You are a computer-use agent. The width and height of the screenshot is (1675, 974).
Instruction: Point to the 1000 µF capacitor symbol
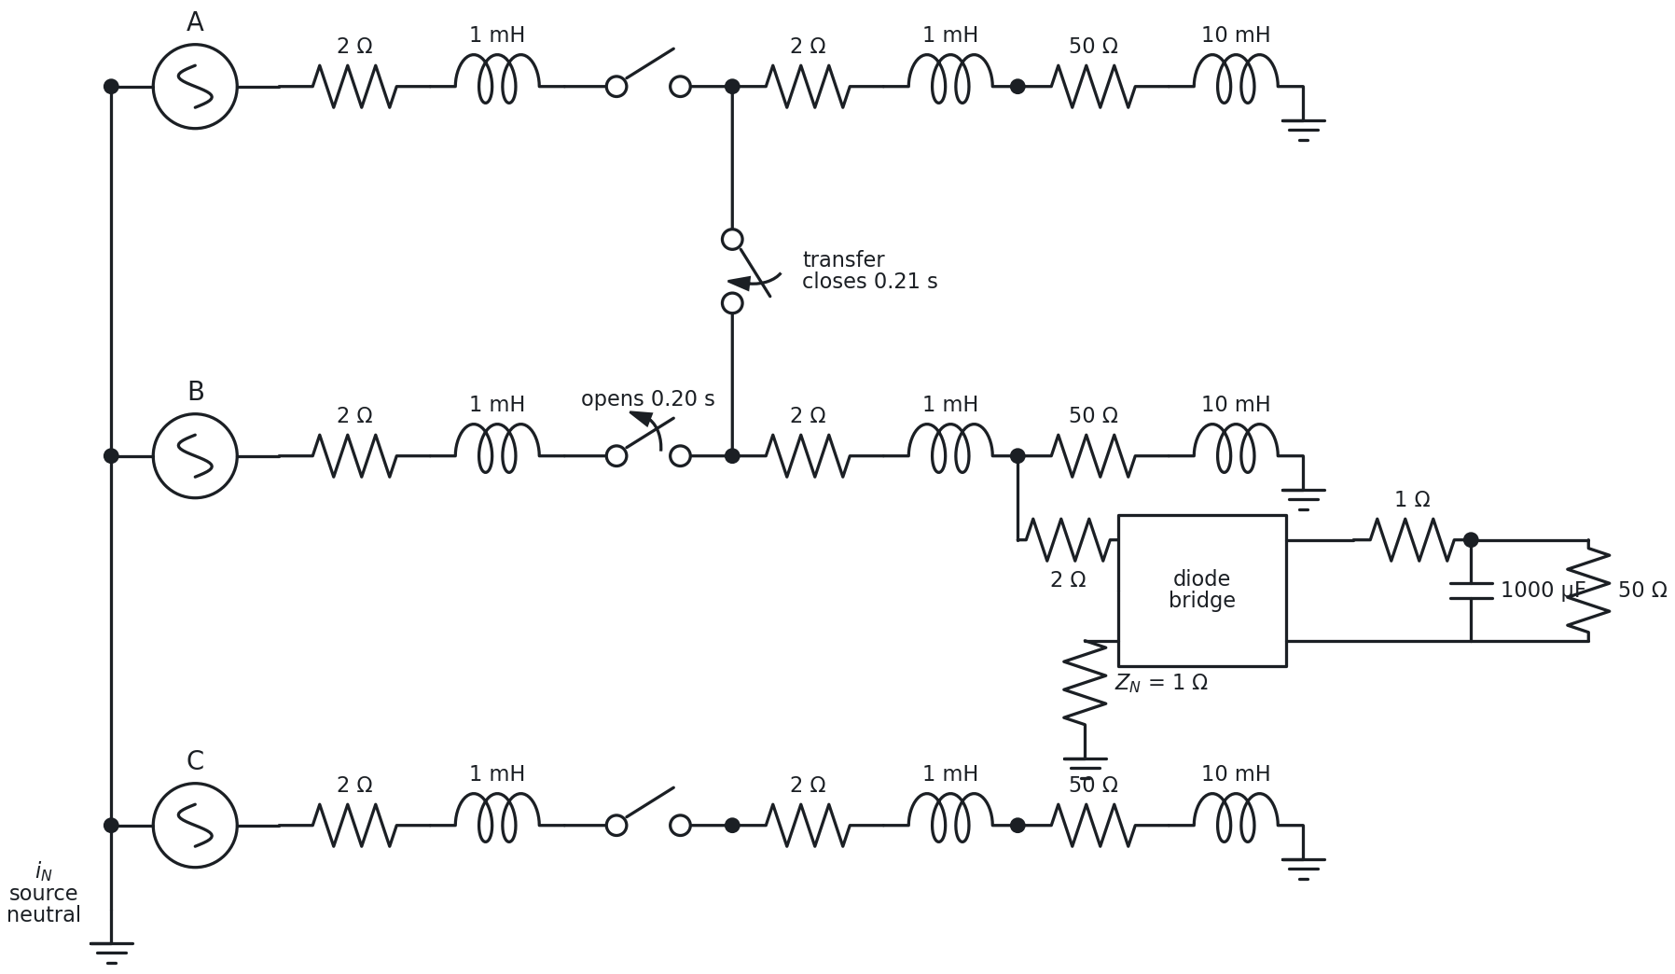click(x=1471, y=591)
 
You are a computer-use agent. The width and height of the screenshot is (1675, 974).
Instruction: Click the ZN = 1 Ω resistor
click(x=1085, y=683)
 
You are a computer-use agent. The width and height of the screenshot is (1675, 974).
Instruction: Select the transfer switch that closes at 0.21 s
click(x=733, y=271)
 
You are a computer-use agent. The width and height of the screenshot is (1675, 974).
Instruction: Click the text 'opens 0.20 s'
click(x=648, y=399)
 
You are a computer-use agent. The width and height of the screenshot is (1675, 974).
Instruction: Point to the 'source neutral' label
click(x=44, y=904)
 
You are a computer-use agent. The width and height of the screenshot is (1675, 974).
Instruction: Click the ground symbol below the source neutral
click(x=111, y=953)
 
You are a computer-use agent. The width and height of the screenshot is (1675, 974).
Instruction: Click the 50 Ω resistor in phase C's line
click(x=1093, y=826)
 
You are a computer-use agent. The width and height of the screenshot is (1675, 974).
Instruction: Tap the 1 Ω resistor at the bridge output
click(x=1412, y=540)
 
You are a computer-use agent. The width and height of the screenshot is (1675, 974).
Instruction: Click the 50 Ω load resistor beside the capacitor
click(x=1588, y=591)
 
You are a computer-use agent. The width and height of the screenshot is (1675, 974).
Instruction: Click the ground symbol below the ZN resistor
click(x=1085, y=768)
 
